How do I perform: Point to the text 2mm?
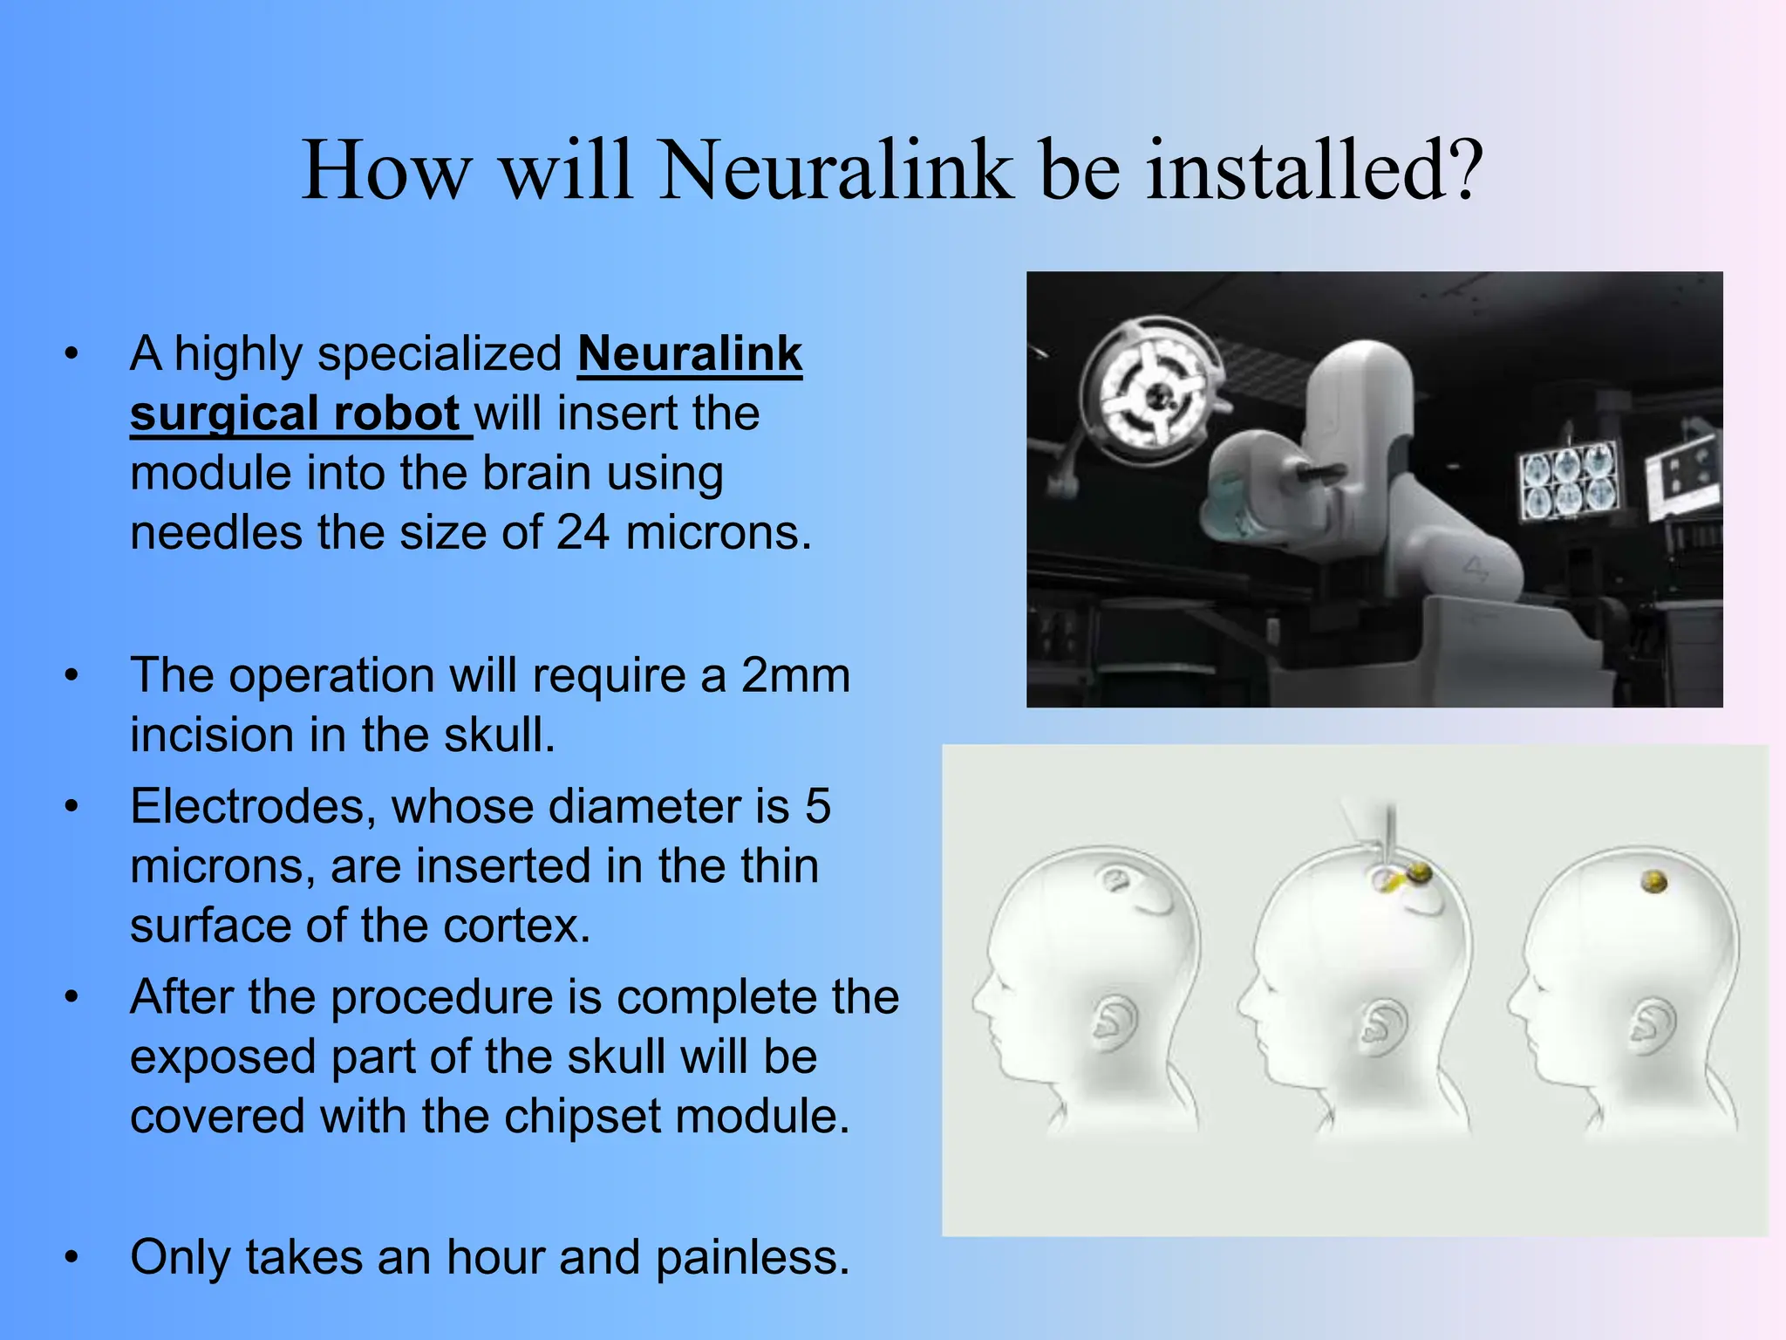(x=795, y=675)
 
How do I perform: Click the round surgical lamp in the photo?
(x=1156, y=396)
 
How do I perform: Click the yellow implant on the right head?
(x=1653, y=883)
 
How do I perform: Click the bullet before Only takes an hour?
(x=72, y=1257)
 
